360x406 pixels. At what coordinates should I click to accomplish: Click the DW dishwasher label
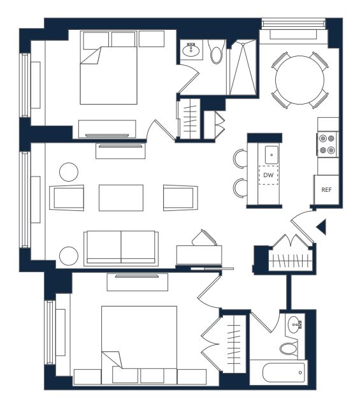click(x=268, y=175)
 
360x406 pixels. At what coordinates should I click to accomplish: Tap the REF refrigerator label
click(x=326, y=190)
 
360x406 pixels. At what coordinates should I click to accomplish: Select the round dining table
click(x=299, y=80)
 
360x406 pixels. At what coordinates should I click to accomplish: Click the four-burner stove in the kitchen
click(x=327, y=144)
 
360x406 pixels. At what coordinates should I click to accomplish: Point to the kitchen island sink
click(x=271, y=155)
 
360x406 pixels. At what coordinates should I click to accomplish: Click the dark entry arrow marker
click(x=321, y=227)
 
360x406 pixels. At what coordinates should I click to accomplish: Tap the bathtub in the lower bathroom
click(x=284, y=372)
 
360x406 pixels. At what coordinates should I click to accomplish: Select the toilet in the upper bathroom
click(x=217, y=52)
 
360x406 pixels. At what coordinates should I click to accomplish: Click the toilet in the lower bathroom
click(x=288, y=349)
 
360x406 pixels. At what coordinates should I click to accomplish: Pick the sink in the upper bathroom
click(x=191, y=50)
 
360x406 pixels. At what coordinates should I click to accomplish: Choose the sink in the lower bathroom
click(x=294, y=324)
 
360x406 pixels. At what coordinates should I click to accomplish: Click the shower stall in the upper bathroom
click(x=243, y=68)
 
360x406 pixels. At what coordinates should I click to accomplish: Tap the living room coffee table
click(x=121, y=198)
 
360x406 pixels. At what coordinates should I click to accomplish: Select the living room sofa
click(x=121, y=249)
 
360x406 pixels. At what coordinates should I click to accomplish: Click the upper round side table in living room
click(x=69, y=172)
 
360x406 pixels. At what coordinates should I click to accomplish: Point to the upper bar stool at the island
click(x=240, y=159)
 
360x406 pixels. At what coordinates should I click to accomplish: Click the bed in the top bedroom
click(x=108, y=75)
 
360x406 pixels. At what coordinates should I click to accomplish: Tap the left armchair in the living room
click(x=66, y=198)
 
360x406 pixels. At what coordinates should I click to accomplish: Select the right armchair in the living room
click(x=180, y=198)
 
